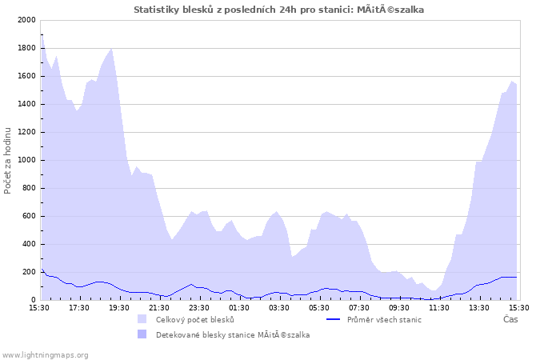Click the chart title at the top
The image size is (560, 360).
click(279, 10)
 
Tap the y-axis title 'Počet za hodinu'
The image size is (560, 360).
click(8, 160)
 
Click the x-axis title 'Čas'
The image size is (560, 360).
click(510, 319)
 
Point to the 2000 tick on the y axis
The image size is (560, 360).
click(26, 20)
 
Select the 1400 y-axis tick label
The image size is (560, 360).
click(26, 104)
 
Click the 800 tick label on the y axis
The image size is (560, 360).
click(28, 188)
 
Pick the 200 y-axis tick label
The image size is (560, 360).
click(28, 272)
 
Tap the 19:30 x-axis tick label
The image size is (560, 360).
click(119, 307)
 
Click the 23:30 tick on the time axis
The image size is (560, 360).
click(199, 307)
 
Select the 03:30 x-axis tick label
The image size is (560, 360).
click(279, 307)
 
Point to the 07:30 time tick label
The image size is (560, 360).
click(359, 307)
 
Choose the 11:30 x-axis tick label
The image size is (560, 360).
click(439, 307)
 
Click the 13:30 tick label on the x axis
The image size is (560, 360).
click(479, 307)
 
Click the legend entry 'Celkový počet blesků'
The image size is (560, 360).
click(194, 319)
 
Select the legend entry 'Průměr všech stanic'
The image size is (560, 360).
click(382, 319)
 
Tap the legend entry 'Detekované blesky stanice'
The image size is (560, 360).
click(232, 334)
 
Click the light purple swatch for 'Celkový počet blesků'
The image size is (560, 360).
click(142, 319)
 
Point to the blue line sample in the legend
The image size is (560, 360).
click(334, 319)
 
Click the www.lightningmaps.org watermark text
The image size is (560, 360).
click(45, 354)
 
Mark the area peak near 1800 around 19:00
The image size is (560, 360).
click(111, 49)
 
